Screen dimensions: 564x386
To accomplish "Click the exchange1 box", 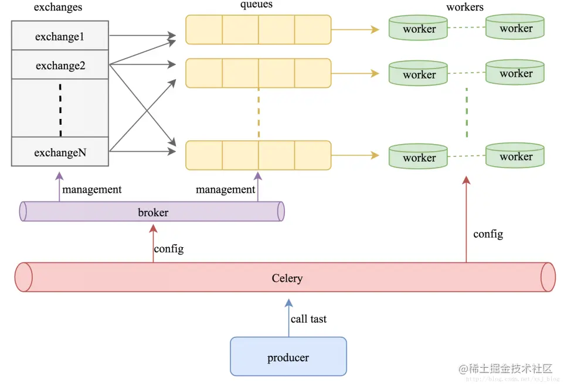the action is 60,36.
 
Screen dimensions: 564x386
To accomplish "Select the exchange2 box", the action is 60,64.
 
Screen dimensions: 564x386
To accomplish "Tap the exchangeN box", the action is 60,152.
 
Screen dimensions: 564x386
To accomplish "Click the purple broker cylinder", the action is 152,211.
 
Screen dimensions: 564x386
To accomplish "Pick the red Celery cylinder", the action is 286,277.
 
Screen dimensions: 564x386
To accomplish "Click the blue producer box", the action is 288,357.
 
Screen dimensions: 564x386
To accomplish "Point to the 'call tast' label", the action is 308,319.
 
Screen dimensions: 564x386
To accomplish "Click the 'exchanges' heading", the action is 58,7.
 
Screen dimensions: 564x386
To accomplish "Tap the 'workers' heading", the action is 465,7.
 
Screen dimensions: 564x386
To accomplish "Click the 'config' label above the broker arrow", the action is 169,249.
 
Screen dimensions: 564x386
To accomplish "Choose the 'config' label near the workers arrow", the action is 488,234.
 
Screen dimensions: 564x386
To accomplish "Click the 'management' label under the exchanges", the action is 91,189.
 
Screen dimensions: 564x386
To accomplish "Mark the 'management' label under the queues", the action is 225,189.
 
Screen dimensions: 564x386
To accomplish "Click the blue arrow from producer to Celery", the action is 289,317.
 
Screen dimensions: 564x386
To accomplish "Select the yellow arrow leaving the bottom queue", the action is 355,155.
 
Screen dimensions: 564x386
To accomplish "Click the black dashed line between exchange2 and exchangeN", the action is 60,110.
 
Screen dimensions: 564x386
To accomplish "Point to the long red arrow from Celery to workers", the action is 466,219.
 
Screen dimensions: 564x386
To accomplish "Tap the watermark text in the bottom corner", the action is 505,368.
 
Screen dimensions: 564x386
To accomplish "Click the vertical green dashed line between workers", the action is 467,112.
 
